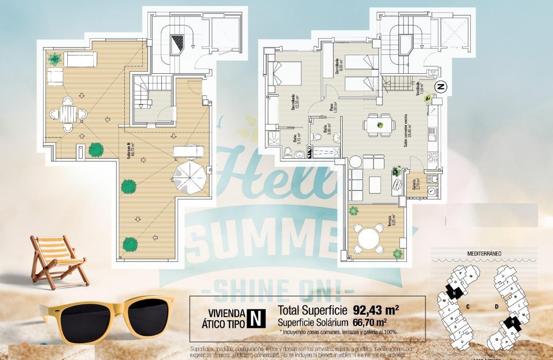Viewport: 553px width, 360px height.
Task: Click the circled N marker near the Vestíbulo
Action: pos(441,87)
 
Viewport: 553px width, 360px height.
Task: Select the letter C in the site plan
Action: pos(469,306)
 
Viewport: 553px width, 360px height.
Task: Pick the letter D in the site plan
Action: pos(496,306)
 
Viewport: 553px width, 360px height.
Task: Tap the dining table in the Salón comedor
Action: pos(379,125)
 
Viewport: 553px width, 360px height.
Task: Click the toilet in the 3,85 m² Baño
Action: pos(317,137)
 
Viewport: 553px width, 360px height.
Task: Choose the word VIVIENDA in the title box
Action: pos(226,313)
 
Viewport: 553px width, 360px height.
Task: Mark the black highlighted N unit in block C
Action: pos(454,293)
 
